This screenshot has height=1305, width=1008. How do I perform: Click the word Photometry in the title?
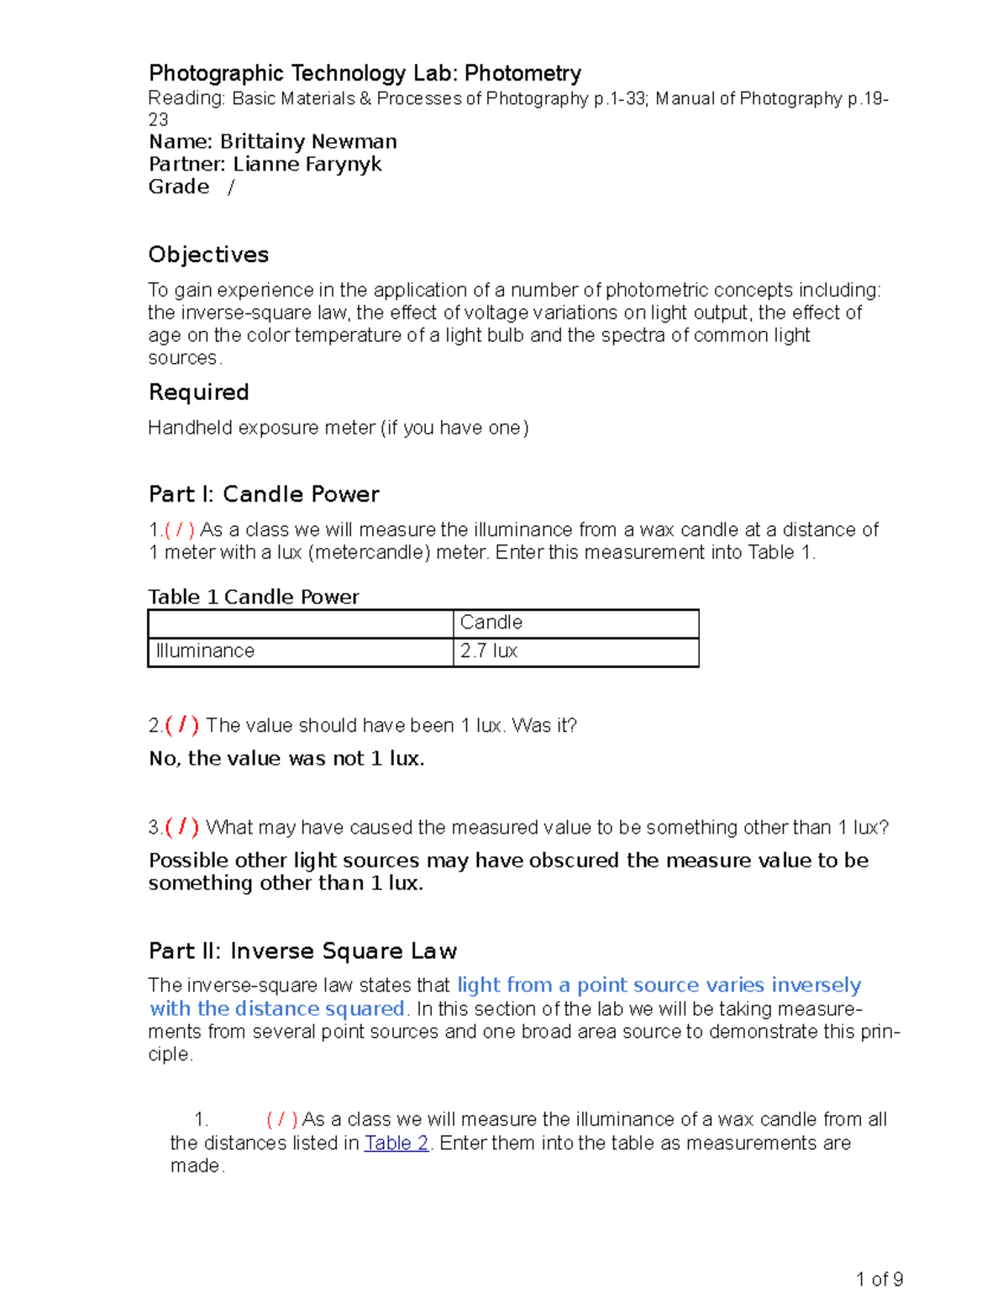[522, 74]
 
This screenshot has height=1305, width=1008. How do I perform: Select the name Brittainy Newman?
[308, 141]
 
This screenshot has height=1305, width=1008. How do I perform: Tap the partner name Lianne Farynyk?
[307, 164]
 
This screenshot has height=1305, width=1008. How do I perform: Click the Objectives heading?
[208, 255]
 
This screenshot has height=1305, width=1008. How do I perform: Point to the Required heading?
[198, 392]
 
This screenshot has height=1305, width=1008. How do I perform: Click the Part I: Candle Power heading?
[264, 494]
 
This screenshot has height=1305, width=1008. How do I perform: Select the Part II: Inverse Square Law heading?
[302, 951]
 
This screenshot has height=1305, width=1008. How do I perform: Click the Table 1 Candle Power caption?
[253, 597]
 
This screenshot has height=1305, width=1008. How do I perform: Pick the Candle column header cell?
[491, 623]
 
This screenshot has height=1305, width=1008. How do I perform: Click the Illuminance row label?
[205, 651]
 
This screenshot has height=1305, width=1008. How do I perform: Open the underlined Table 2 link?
[396, 1143]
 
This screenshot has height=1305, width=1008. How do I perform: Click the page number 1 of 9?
[879, 1280]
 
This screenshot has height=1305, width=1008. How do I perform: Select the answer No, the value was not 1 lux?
[286, 759]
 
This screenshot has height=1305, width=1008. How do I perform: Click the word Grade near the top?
[179, 187]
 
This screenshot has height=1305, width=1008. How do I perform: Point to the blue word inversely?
[816, 985]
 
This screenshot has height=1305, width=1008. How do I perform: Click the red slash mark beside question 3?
[182, 827]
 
